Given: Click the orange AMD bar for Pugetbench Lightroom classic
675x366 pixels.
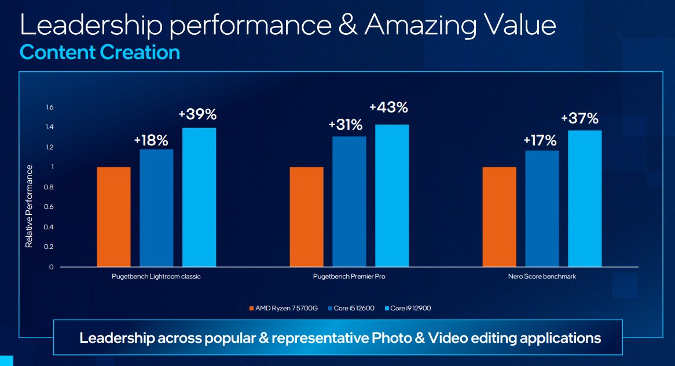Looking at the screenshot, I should pos(113,217).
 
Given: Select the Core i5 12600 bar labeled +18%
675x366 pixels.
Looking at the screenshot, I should pos(156,208).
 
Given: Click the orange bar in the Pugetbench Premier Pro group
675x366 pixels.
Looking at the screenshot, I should pos(306,217).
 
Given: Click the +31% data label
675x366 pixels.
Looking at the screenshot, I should pos(345,125).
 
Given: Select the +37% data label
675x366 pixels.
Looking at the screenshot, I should pos(579,119).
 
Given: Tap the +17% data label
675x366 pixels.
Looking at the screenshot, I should pos(540,140).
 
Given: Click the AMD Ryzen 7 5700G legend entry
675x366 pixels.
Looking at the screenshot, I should pos(284,308).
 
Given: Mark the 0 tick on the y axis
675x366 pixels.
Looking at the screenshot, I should pos(51,267).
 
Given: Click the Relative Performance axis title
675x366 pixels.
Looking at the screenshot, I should pos(28,206).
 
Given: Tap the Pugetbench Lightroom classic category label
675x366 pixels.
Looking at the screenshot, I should pos(156,277).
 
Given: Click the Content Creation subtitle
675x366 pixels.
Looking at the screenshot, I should pos(100,53).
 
